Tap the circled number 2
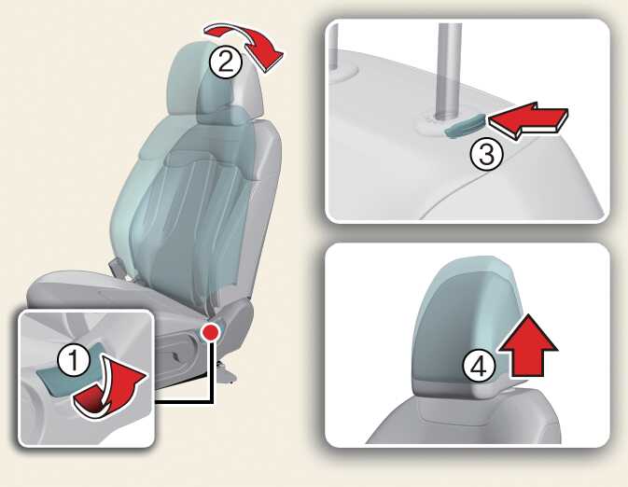pos(226,63)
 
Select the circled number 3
pos(486,154)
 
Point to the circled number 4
pos(479,367)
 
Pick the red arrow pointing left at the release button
pos(528,120)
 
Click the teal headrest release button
pos(466,126)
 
